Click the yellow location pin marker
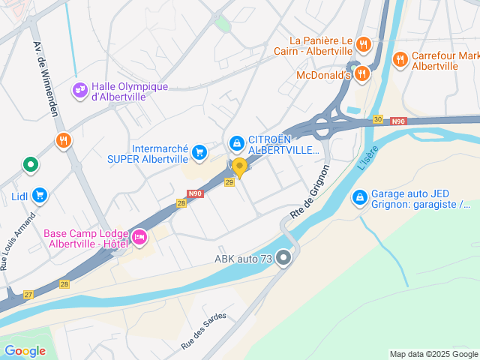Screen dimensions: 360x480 (x=239, y=166)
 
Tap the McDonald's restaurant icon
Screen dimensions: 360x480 (x=363, y=73)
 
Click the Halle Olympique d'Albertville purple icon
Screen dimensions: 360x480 (x=80, y=90)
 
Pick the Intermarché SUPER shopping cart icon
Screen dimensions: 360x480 (x=199, y=153)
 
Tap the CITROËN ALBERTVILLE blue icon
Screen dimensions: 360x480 (x=236, y=142)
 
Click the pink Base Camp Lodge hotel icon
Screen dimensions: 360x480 (x=139, y=238)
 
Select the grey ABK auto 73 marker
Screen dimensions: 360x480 (x=283, y=259)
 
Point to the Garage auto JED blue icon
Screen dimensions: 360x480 (x=359, y=197)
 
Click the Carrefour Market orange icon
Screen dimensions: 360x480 (x=400, y=58)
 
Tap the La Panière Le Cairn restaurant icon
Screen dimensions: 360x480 (x=363, y=43)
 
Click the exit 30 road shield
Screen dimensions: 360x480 (x=378, y=119)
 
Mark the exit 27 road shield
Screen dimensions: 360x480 (x=28, y=295)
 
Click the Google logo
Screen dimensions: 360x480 (x=24, y=350)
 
